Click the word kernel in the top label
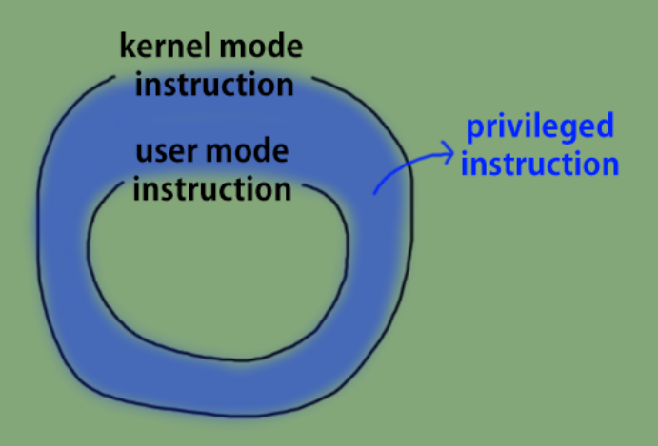161,46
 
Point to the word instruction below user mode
211,187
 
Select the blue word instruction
540,164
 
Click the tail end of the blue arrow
374,194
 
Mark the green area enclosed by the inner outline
219,276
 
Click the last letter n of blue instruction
610,165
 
